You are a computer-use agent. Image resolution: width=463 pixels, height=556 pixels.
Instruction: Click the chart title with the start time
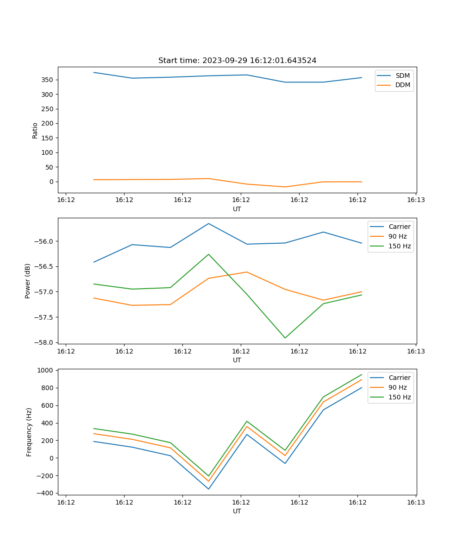point(237,61)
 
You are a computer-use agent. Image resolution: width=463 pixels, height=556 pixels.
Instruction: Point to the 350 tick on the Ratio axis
point(48,80)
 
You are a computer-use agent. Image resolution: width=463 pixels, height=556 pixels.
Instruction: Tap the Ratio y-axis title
point(35,130)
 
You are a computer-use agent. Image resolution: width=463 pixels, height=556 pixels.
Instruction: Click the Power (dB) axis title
point(28,281)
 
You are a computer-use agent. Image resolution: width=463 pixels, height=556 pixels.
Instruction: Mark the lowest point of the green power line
point(285,338)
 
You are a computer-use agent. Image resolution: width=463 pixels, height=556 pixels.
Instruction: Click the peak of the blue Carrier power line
point(208,223)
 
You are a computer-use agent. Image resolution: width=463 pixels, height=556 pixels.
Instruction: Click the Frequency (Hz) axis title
point(29,432)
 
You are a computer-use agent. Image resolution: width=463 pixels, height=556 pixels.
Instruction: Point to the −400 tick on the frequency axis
point(45,493)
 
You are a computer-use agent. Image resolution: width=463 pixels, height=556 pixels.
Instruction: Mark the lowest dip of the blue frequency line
point(208,489)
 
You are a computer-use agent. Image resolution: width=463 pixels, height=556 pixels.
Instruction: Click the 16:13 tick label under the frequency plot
point(415,502)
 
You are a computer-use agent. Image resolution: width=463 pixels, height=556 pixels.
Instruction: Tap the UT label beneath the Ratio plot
point(237,209)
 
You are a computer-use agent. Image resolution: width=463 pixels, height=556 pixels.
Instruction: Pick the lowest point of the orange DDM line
point(285,187)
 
